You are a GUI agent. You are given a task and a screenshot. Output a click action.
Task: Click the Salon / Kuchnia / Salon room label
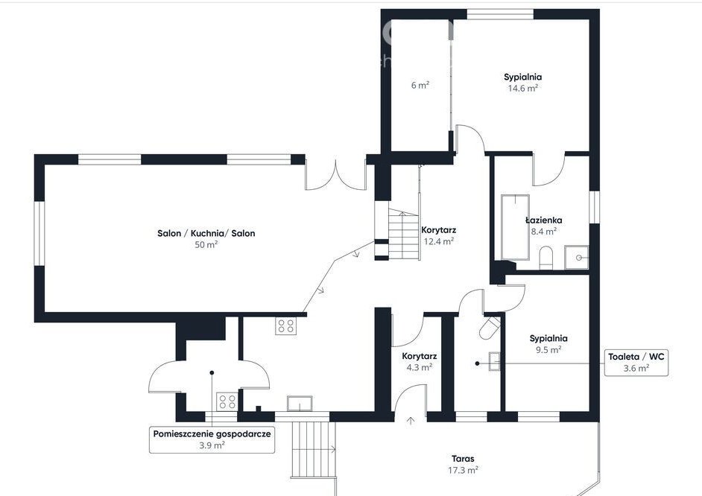click(206, 233)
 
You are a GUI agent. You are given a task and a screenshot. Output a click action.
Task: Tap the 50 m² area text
click(206, 244)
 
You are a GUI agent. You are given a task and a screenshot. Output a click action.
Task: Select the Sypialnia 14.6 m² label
click(522, 82)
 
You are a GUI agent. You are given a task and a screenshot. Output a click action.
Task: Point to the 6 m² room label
click(420, 85)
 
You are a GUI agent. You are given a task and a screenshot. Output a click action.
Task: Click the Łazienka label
click(543, 220)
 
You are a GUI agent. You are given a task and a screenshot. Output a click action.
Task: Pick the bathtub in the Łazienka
click(515, 226)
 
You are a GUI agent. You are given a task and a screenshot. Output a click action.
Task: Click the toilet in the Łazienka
click(546, 258)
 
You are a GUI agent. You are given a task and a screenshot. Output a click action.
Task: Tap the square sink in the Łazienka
click(576, 257)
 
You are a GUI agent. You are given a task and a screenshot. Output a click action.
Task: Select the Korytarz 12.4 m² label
click(439, 235)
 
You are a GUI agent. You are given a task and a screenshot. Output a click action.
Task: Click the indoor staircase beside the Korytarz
click(403, 235)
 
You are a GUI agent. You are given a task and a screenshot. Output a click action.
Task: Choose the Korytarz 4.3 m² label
click(419, 361)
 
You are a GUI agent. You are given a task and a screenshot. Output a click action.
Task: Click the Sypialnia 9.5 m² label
click(548, 344)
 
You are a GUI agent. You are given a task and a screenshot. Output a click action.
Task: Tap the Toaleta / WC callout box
click(636, 362)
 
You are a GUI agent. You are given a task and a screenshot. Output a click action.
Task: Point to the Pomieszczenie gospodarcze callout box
click(212, 439)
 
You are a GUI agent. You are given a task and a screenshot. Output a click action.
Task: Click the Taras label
click(463, 459)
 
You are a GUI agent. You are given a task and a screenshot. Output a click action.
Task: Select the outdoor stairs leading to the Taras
click(314, 449)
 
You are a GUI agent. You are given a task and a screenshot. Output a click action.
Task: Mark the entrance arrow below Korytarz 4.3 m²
click(411, 421)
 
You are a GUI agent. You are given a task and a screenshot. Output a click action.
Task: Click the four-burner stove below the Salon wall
click(286, 326)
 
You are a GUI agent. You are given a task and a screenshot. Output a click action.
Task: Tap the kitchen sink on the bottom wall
click(300, 404)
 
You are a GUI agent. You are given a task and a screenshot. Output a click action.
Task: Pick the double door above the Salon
click(335, 175)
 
